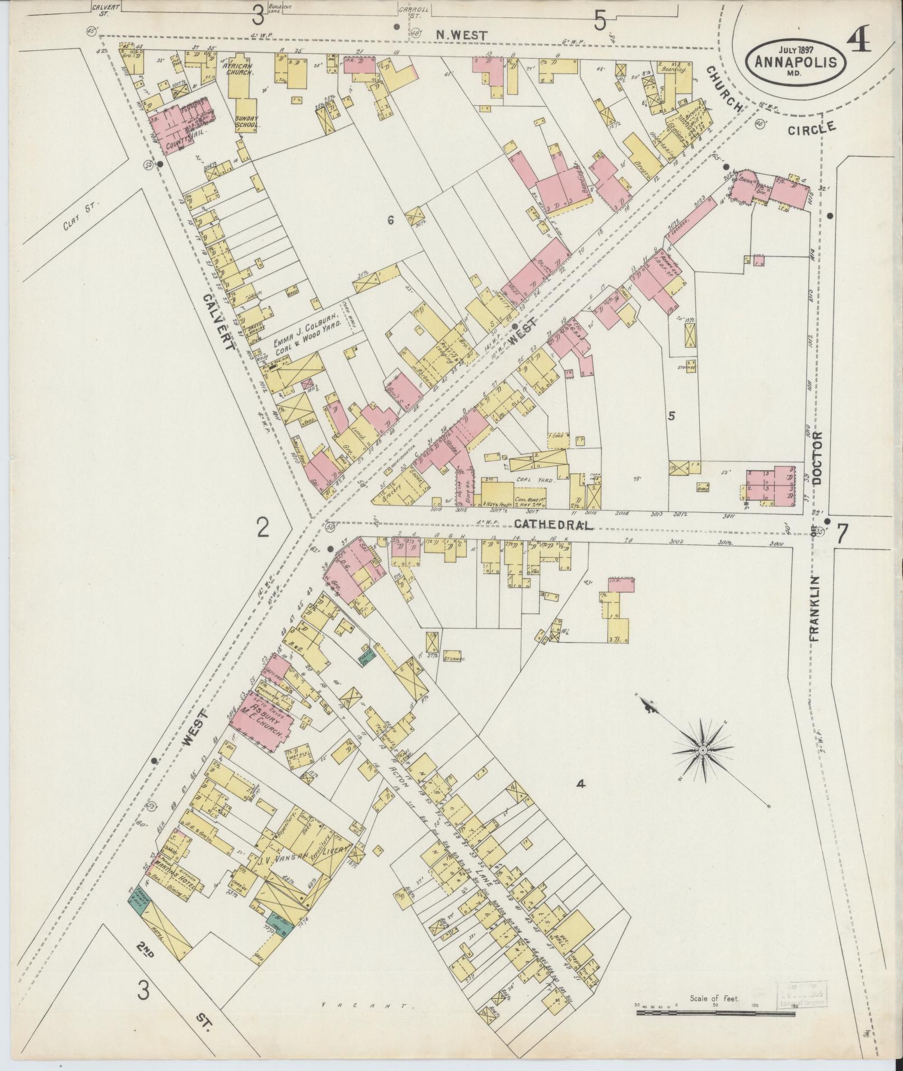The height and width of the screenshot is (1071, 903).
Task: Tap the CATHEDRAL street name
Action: click(x=552, y=525)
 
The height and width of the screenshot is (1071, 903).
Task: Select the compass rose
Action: click(x=701, y=750)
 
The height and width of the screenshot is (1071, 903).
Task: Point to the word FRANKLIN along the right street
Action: click(x=813, y=608)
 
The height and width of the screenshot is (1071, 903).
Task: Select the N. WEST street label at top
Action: click(x=462, y=35)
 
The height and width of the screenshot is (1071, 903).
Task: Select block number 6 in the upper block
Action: click(x=391, y=221)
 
